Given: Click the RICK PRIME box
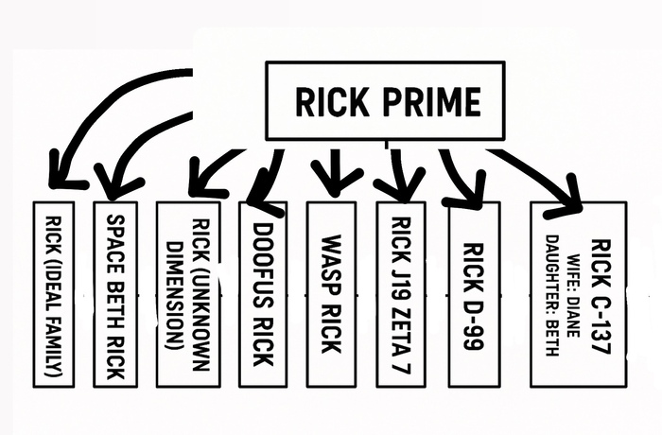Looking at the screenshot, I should coord(386,101).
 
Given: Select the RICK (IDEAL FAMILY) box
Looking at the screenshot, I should coord(53,294).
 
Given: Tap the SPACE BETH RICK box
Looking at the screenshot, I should coord(115,294).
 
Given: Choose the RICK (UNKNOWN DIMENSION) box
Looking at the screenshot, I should coord(187,294).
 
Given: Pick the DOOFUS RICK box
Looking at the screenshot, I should coord(263,294).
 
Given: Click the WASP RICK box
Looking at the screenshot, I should coord(331,294).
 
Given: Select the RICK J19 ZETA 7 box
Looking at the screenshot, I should coord(400,294).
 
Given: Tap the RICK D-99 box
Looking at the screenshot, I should coord(474,294).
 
